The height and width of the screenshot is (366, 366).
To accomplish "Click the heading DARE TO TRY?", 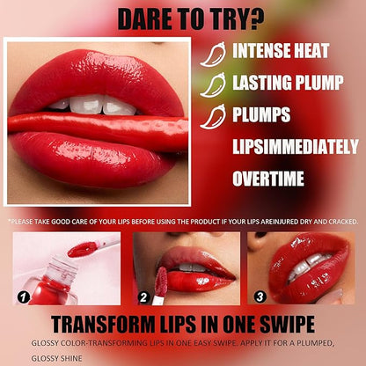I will coord(182,18).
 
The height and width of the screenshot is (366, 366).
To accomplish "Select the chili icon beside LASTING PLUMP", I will coord(212,84).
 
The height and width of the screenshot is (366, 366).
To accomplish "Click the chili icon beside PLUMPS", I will coord(212,116).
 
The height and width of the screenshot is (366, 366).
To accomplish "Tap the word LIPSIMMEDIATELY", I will coord(290,147).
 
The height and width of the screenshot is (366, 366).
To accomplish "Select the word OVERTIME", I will coord(267,179).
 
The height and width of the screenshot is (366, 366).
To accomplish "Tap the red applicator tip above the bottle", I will coord(82,249).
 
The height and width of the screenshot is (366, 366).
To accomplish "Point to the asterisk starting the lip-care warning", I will coord(9,220).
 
